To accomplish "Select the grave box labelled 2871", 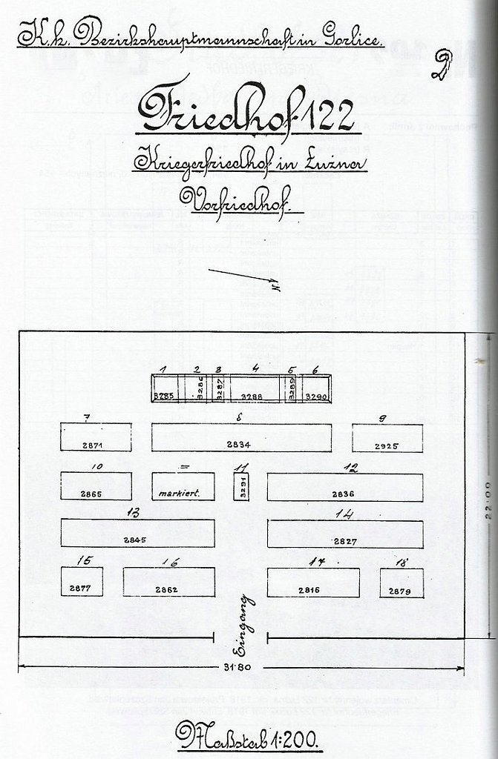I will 96,437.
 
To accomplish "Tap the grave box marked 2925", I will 387,438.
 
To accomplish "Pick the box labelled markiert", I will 183,486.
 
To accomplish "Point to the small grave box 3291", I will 240,486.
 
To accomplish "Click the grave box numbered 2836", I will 344,487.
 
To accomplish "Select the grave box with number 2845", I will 137,533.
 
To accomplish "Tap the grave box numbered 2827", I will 345,534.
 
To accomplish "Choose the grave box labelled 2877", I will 82,582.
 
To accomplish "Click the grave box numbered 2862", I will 168,582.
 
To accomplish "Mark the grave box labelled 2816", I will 312,582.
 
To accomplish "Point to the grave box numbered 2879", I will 402,583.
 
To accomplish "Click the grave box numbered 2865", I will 96,486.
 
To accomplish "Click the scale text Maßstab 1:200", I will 246,737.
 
